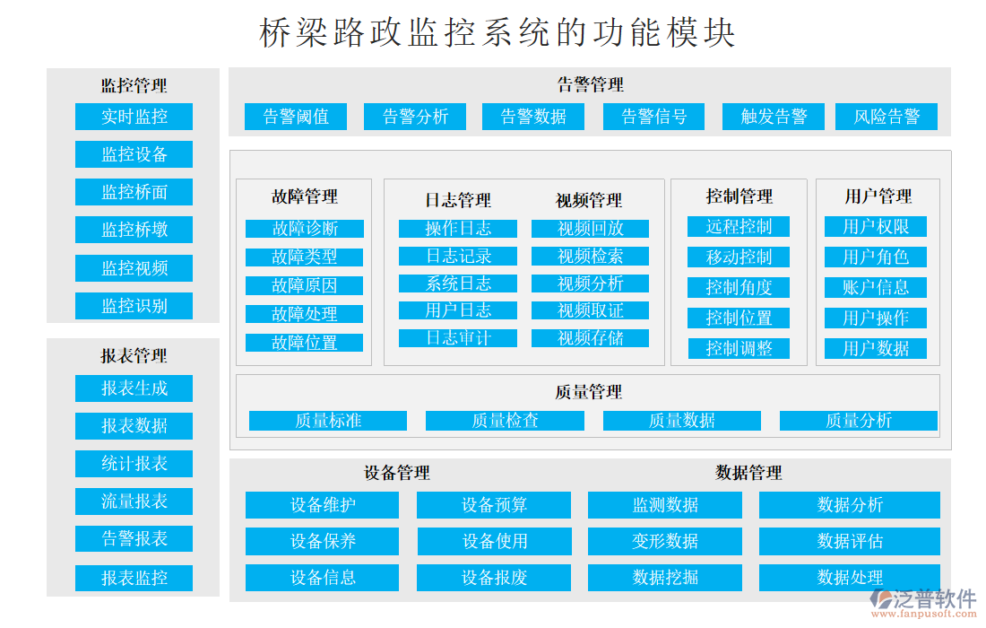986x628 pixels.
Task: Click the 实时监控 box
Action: [134, 117]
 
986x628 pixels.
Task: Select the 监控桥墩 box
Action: [134, 230]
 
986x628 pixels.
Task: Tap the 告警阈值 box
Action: [296, 117]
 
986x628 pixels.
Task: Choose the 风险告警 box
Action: [887, 117]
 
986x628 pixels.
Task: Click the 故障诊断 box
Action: [305, 229]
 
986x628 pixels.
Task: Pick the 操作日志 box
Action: [458, 229]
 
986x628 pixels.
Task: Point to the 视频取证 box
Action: [590, 311]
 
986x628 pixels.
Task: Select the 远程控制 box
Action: [739, 226]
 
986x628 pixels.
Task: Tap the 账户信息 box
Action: [876, 288]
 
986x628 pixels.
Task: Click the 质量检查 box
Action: [505, 421]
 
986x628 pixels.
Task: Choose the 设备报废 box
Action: [494, 578]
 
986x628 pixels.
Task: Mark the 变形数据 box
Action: [665, 541]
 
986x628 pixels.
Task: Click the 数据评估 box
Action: [850, 541]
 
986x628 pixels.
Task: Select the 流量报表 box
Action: [134, 502]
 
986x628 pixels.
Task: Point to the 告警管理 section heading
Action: [590, 85]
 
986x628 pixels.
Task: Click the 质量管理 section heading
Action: [588, 392]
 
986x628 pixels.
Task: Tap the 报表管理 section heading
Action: [134, 356]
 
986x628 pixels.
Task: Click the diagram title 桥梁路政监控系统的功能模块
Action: [497, 33]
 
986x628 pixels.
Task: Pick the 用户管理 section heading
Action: [878, 196]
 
